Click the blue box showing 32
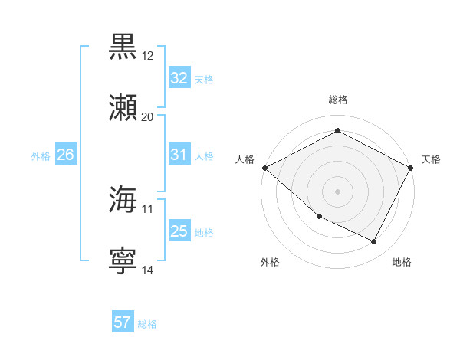[x=179, y=77]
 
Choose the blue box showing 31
[x=179, y=155]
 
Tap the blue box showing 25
[x=179, y=231]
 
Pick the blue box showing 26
[x=65, y=155]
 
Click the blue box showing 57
[x=123, y=322]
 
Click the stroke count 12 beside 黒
[x=148, y=56]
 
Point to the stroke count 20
[x=148, y=117]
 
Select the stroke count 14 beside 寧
[x=148, y=270]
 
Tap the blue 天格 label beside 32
[x=204, y=79]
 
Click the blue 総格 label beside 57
[x=147, y=324]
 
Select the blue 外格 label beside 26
[x=41, y=156]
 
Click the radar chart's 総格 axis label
[x=338, y=100]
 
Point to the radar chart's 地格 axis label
[x=402, y=262]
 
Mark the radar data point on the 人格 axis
[x=264, y=168]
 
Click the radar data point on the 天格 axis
[x=411, y=168]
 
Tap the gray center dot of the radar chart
[x=337, y=191]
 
